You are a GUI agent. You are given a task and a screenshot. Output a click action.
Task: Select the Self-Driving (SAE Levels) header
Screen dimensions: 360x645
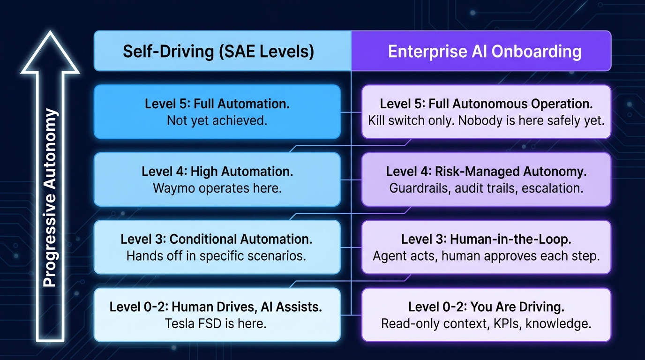218,51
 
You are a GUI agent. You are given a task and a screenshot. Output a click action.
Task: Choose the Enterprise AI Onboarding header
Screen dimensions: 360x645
485,51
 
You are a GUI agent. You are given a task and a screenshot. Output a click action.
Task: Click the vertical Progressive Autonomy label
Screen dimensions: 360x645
50,197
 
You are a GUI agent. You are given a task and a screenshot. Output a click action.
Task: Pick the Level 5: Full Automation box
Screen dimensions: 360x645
217,112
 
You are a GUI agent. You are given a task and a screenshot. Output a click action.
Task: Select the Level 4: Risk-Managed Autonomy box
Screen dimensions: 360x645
486,180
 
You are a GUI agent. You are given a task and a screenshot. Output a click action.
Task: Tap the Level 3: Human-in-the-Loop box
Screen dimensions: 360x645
486,247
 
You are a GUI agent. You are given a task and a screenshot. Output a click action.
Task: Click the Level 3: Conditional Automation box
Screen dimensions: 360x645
217,247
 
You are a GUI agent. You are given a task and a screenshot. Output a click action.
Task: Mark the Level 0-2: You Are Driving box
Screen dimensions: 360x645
486,315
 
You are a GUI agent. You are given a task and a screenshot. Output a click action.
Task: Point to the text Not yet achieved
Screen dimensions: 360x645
217,120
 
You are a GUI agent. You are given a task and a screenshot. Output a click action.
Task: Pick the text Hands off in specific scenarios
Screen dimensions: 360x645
216,256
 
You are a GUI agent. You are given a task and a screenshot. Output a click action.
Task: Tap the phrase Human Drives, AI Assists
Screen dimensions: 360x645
247,307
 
